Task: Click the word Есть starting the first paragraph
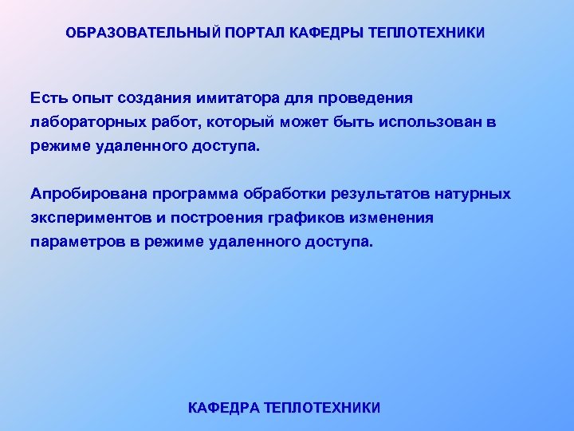(47, 97)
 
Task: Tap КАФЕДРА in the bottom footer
(223, 408)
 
